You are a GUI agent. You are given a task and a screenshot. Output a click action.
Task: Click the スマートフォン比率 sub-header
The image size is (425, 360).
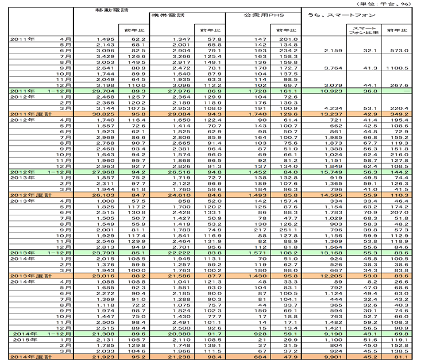tap(365, 30)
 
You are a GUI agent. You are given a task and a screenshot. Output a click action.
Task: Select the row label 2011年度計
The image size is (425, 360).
tap(26, 115)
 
